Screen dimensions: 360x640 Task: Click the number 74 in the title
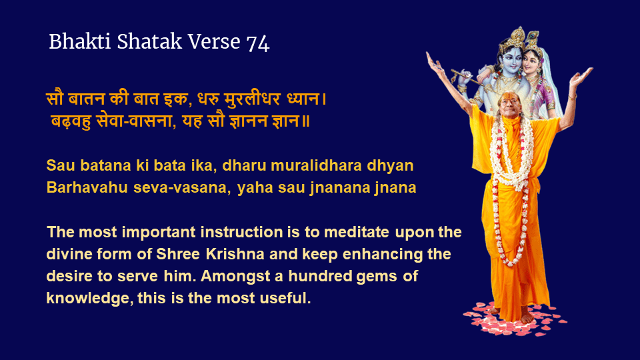point(258,43)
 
